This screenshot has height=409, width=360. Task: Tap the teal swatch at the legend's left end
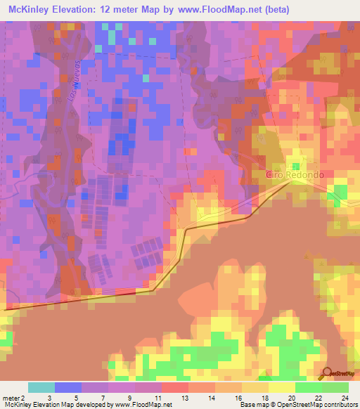click(41, 387)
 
